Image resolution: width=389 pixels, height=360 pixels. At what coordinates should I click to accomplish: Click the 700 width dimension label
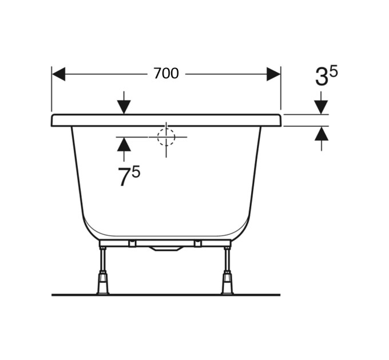point(166,73)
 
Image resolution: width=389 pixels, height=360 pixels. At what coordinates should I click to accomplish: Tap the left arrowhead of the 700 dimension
point(59,74)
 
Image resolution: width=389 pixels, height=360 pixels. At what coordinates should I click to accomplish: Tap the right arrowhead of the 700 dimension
point(273,74)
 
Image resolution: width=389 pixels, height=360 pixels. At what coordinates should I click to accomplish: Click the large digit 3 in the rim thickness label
point(322,77)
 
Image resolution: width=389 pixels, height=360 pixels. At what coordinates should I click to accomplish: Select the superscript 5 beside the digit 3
point(334,72)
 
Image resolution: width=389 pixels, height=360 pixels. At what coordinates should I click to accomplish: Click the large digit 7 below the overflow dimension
point(124,177)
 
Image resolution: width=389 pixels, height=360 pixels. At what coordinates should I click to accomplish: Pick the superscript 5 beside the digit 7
point(136,171)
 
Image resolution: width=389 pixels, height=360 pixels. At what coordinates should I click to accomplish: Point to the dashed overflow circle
point(166,137)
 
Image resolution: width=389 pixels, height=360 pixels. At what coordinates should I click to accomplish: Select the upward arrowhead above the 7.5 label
point(124,145)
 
